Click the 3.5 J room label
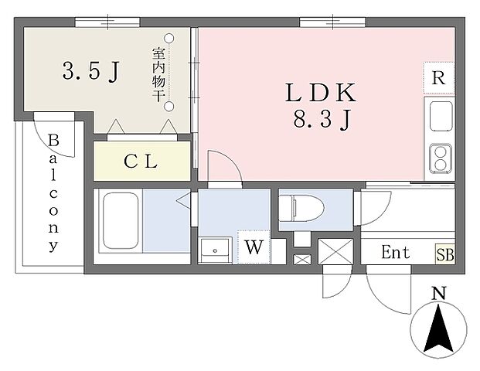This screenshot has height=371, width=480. (x=90, y=71)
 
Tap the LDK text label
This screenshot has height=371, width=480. (x=321, y=93)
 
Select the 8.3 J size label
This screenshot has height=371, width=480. (x=322, y=119)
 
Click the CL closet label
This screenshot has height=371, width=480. (x=141, y=162)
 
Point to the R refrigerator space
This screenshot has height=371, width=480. (x=439, y=78)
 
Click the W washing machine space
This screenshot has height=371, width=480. (x=254, y=247)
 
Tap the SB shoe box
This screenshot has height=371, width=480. (x=445, y=254)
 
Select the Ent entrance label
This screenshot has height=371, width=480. (x=396, y=253)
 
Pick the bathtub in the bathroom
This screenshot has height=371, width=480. (x=121, y=220)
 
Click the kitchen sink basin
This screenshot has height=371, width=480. (x=441, y=116)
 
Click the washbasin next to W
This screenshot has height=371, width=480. (x=215, y=250)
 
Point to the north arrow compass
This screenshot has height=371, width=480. (x=439, y=329)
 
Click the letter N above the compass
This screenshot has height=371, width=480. (x=439, y=293)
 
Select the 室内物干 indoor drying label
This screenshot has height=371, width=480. (x=158, y=75)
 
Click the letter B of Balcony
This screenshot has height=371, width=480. (x=53, y=140)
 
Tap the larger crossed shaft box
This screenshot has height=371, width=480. (x=335, y=251)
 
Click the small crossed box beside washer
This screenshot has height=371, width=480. (x=302, y=260)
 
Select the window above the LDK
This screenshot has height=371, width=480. (x=333, y=22)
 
